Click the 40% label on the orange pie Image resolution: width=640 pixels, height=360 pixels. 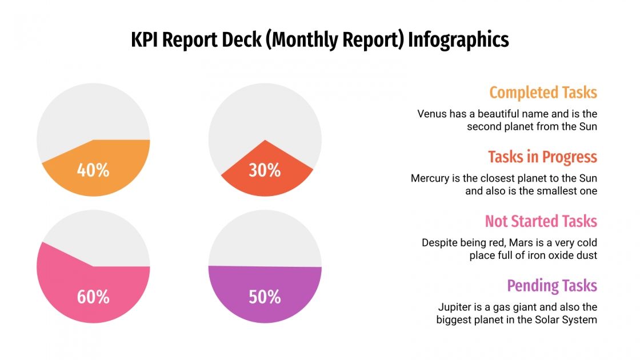(x=93, y=170)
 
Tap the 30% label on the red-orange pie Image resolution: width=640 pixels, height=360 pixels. (x=265, y=170)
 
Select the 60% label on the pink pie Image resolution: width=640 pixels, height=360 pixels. (x=93, y=297)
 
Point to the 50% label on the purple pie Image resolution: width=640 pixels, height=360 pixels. (x=265, y=297)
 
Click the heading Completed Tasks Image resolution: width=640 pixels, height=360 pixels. (x=543, y=93)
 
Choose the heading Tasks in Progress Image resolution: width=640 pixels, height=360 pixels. (x=542, y=157)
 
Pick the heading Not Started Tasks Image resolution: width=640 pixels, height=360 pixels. (x=541, y=221)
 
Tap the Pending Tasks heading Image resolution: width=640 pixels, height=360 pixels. (x=552, y=286)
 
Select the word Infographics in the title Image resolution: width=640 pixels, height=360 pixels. (x=458, y=40)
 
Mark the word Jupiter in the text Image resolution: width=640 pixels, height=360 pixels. (x=457, y=307)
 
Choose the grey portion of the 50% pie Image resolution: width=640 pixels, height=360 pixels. (x=265, y=240)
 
